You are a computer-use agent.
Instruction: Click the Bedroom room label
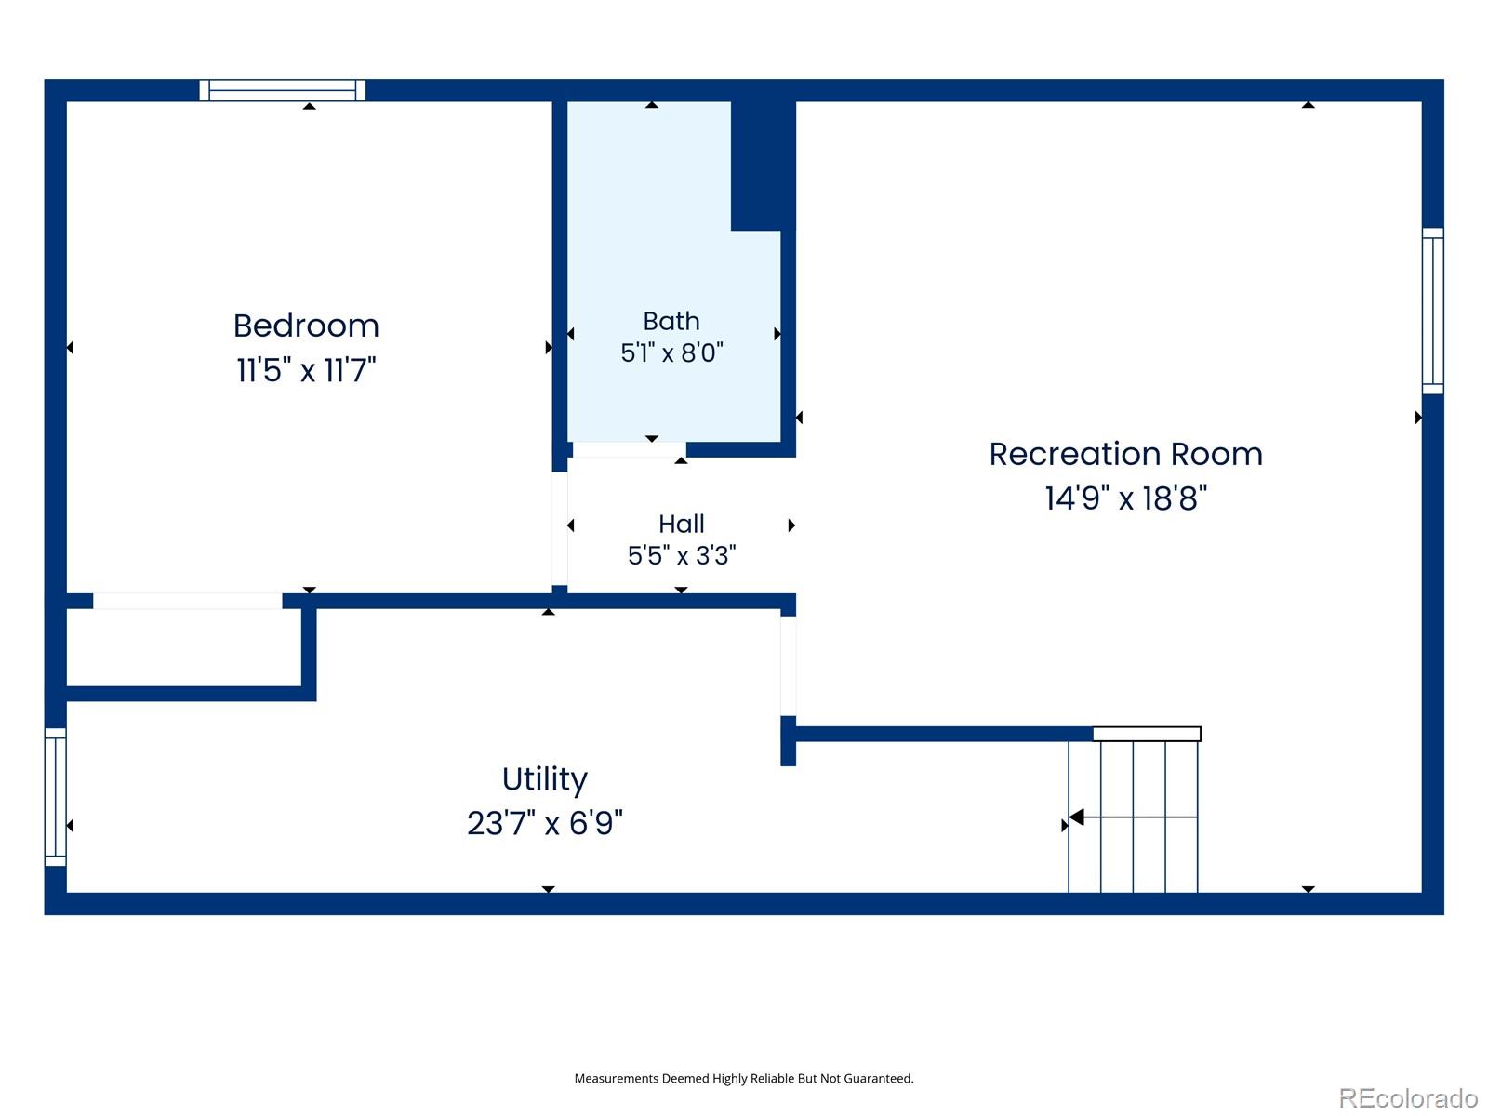tap(306, 325)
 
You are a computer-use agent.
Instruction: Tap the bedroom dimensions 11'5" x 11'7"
tap(306, 370)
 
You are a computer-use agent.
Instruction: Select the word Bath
tap(671, 321)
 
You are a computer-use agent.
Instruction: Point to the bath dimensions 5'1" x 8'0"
tap(671, 352)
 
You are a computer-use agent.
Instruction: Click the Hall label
tap(681, 523)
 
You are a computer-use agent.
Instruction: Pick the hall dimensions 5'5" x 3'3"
tap(682, 555)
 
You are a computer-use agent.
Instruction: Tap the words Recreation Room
tap(1124, 453)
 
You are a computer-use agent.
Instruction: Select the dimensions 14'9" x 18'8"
tap(1125, 498)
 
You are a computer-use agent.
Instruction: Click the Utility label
tap(544, 780)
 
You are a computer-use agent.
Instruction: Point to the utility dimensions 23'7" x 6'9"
tap(544, 823)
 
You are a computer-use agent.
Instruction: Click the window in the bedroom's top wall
tap(282, 90)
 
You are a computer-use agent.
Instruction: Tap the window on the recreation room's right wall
tap(1431, 311)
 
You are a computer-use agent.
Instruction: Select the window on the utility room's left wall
tap(56, 797)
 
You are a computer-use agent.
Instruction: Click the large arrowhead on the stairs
tap(1077, 817)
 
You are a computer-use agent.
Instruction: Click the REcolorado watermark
tap(1408, 1097)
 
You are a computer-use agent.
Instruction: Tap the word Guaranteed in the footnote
tap(881, 1078)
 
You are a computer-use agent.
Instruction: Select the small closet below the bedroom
tap(184, 647)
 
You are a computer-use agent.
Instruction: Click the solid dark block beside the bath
tap(763, 166)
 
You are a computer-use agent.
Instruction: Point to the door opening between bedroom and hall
tap(559, 528)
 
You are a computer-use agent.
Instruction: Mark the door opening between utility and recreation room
tap(788, 665)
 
